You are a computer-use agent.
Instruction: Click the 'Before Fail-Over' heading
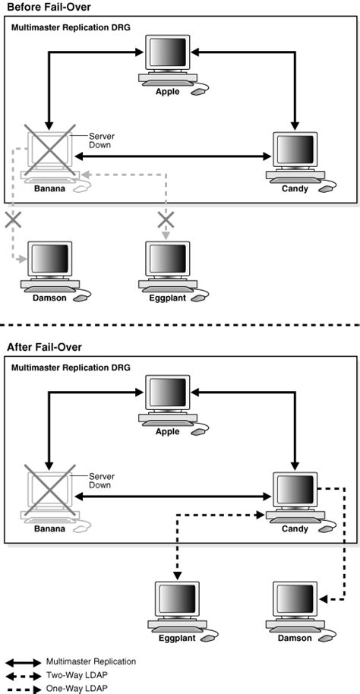pyautogui.click(x=43, y=7)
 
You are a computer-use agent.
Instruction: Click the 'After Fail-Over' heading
pyautogui.click(x=39, y=347)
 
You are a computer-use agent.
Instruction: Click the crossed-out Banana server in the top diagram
pyautogui.click(x=50, y=155)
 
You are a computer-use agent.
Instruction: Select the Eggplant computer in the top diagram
pyautogui.click(x=166, y=265)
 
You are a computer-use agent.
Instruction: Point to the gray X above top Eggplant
pyautogui.click(x=166, y=221)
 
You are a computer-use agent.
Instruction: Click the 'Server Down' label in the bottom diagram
pyautogui.click(x=101, y=482)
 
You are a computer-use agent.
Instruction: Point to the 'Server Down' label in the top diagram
pyautogui.click(x=101, y=142)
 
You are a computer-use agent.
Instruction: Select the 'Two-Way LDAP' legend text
pyautogui.click(x=74, y=675)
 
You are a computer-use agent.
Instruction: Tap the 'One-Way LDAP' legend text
pyautogui.click(x=74, y=688)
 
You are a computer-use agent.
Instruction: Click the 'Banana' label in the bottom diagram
pyautogui.click(x=49, y=528)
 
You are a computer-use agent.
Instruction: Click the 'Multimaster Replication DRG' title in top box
pyautogui.click(x=70, y=27)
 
